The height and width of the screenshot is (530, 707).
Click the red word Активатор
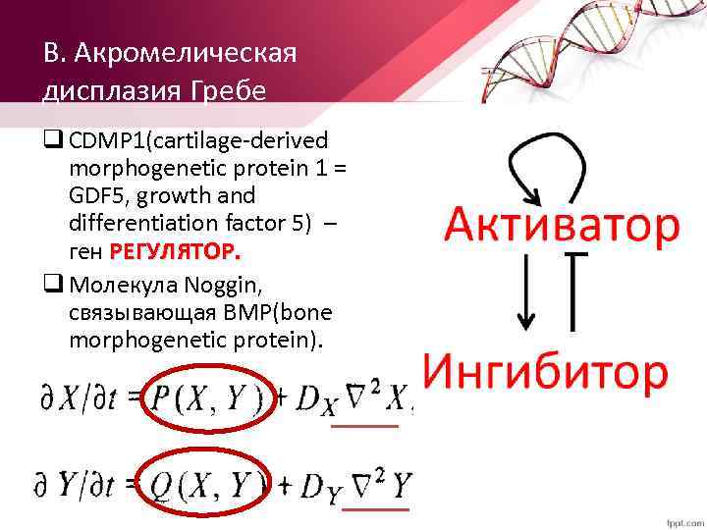pos(562,226)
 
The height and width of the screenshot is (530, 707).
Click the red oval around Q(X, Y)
pos(205,485)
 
